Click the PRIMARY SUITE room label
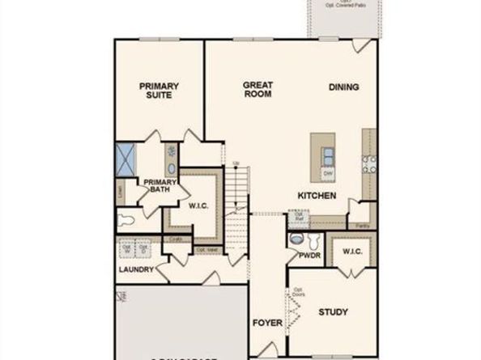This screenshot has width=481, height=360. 159,90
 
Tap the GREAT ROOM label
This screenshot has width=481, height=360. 258,89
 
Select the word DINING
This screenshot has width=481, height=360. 344,87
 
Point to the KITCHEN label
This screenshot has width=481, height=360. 317,196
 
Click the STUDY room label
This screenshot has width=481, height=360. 332,311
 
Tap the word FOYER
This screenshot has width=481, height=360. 266,322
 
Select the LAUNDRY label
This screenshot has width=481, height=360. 136,269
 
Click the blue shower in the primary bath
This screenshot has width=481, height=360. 126,159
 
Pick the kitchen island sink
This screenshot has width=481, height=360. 328,155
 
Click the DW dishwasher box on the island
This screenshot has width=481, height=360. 328,173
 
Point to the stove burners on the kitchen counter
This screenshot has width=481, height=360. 369,164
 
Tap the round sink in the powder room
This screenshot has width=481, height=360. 296,240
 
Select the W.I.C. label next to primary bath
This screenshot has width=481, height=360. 198,205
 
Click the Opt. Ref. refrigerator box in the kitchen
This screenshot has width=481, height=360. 298,217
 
